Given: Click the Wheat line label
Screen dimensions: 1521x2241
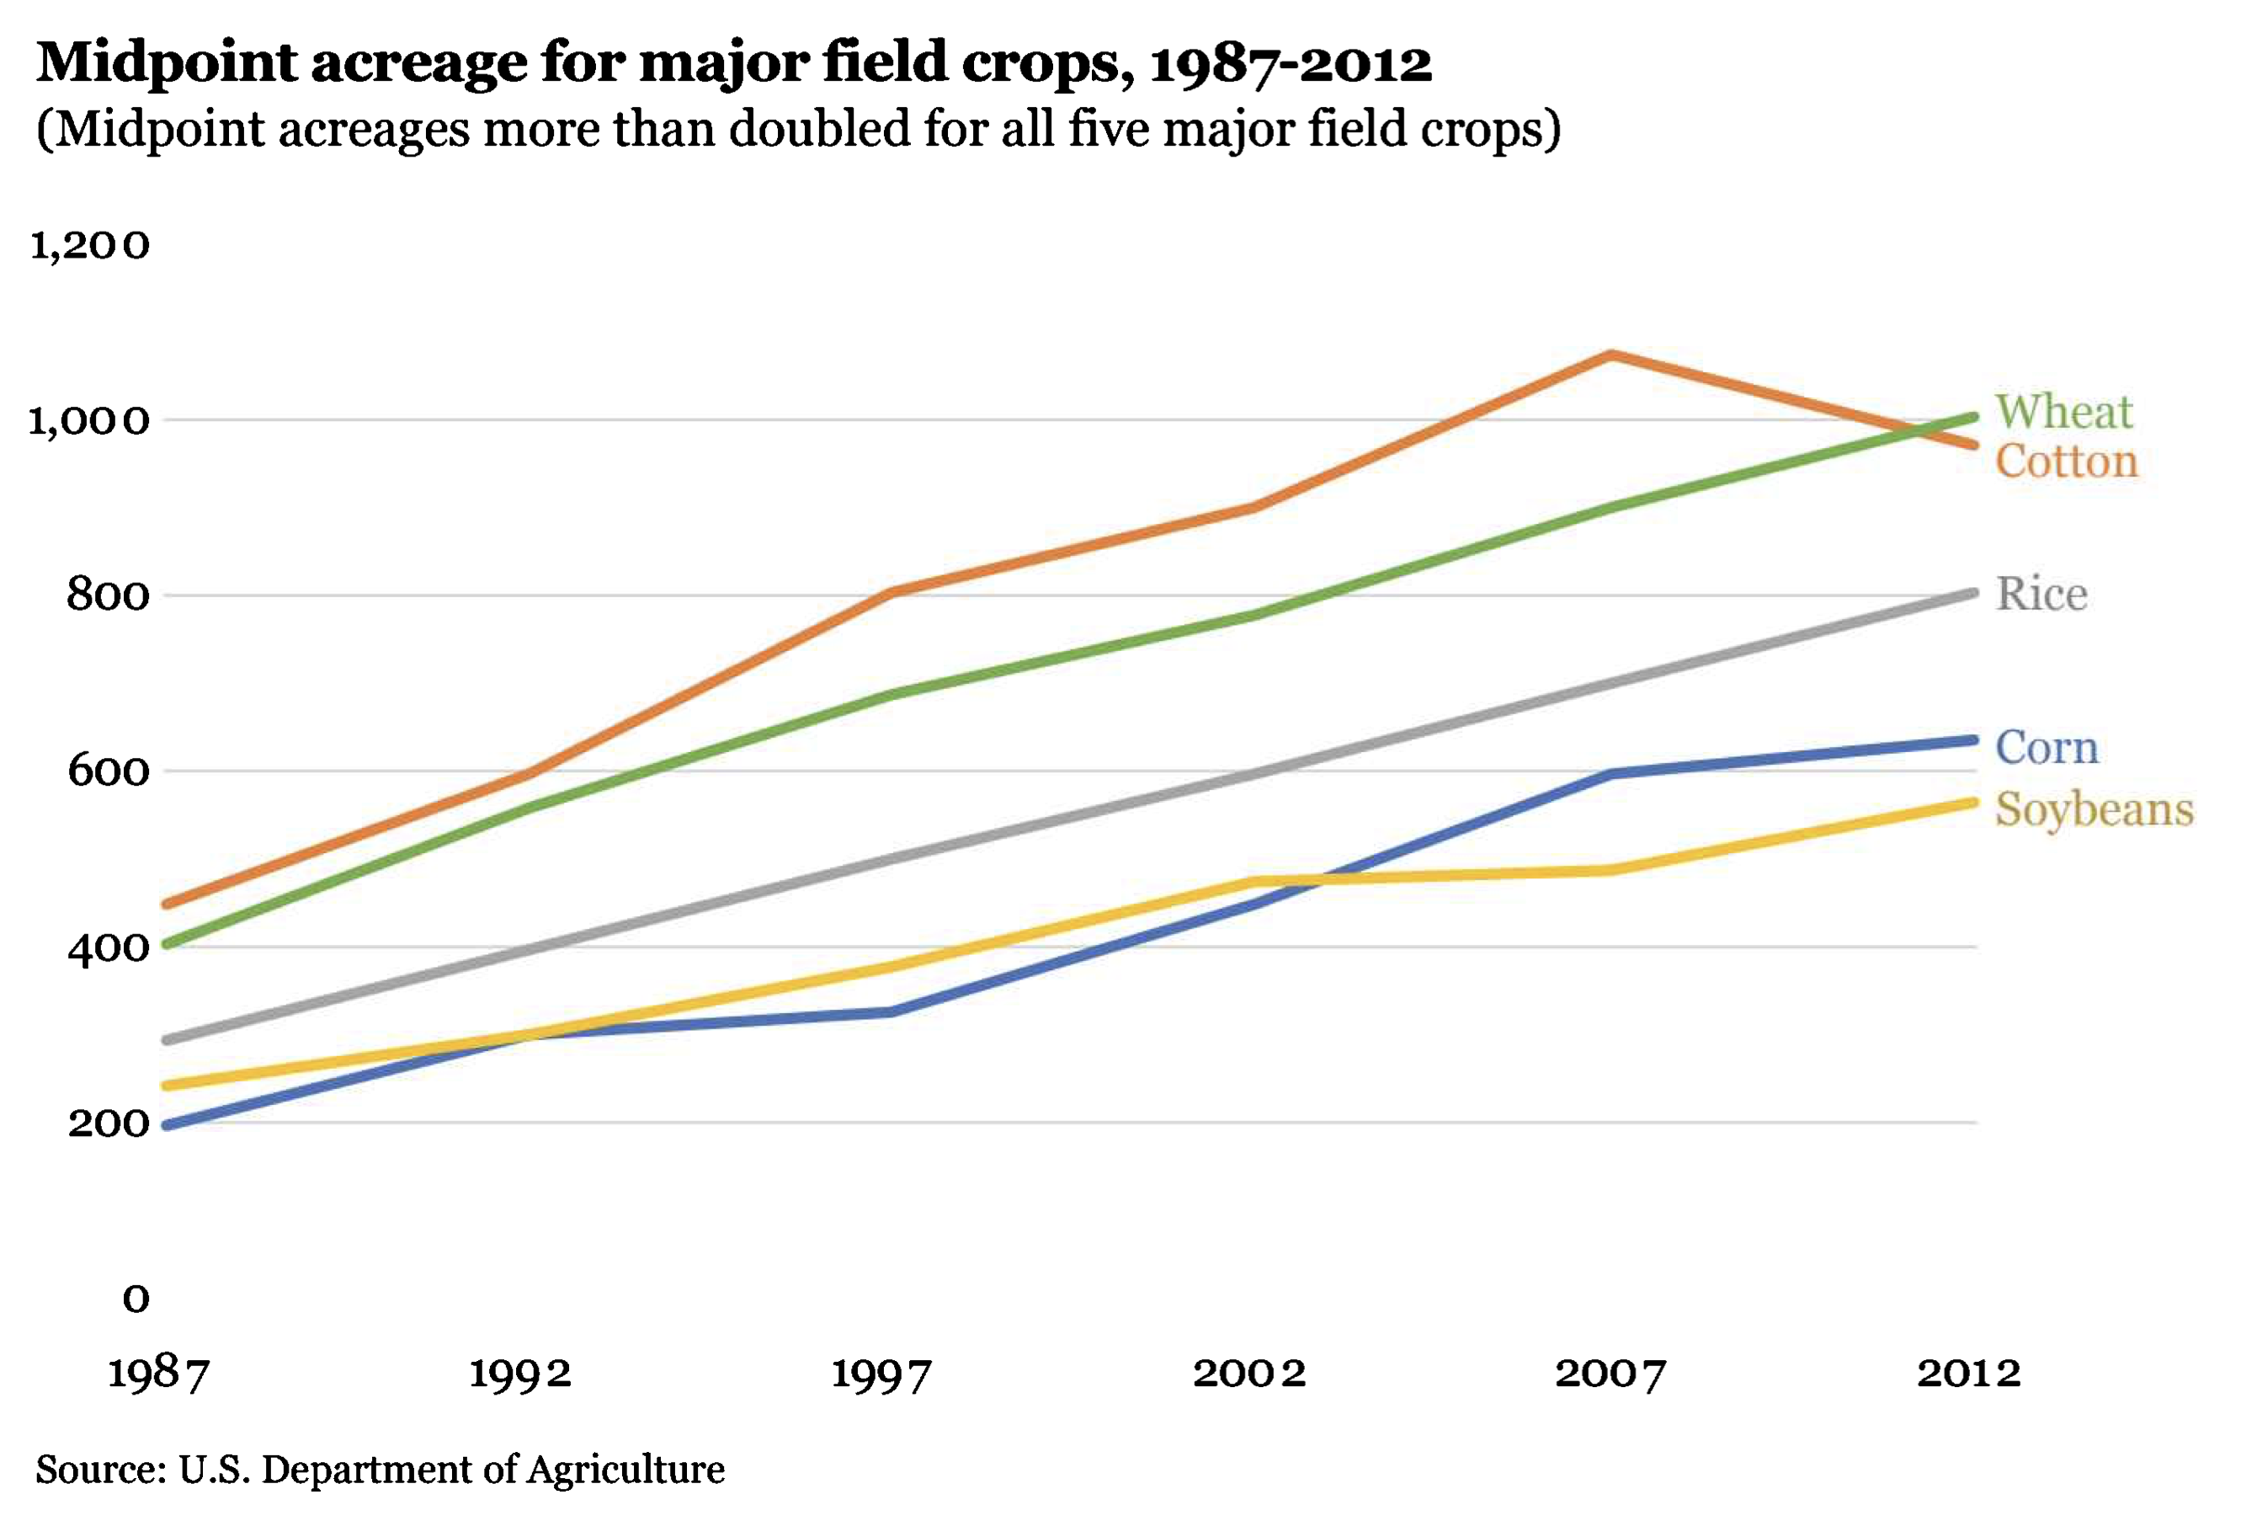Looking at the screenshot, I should (2063, 412).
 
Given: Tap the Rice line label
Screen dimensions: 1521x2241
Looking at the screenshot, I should (2041, 593).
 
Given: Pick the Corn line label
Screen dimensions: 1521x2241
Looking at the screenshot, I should (2047, 748).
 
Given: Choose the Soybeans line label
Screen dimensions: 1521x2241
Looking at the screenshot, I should (2094, 809).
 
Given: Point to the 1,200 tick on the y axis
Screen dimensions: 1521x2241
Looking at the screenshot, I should (90, 245).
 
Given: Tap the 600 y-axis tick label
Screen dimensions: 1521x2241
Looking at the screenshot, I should (109, 771).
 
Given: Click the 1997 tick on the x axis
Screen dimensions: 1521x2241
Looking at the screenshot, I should (881, 1373).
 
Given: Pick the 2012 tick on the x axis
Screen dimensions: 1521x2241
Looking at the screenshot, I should (1968, 1373).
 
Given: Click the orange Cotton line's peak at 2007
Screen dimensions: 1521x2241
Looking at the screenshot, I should (1610, 355).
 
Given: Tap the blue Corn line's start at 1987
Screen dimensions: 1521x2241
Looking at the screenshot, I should (167, 1124).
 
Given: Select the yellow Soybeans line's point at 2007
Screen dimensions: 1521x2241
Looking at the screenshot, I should (1610, 871).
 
